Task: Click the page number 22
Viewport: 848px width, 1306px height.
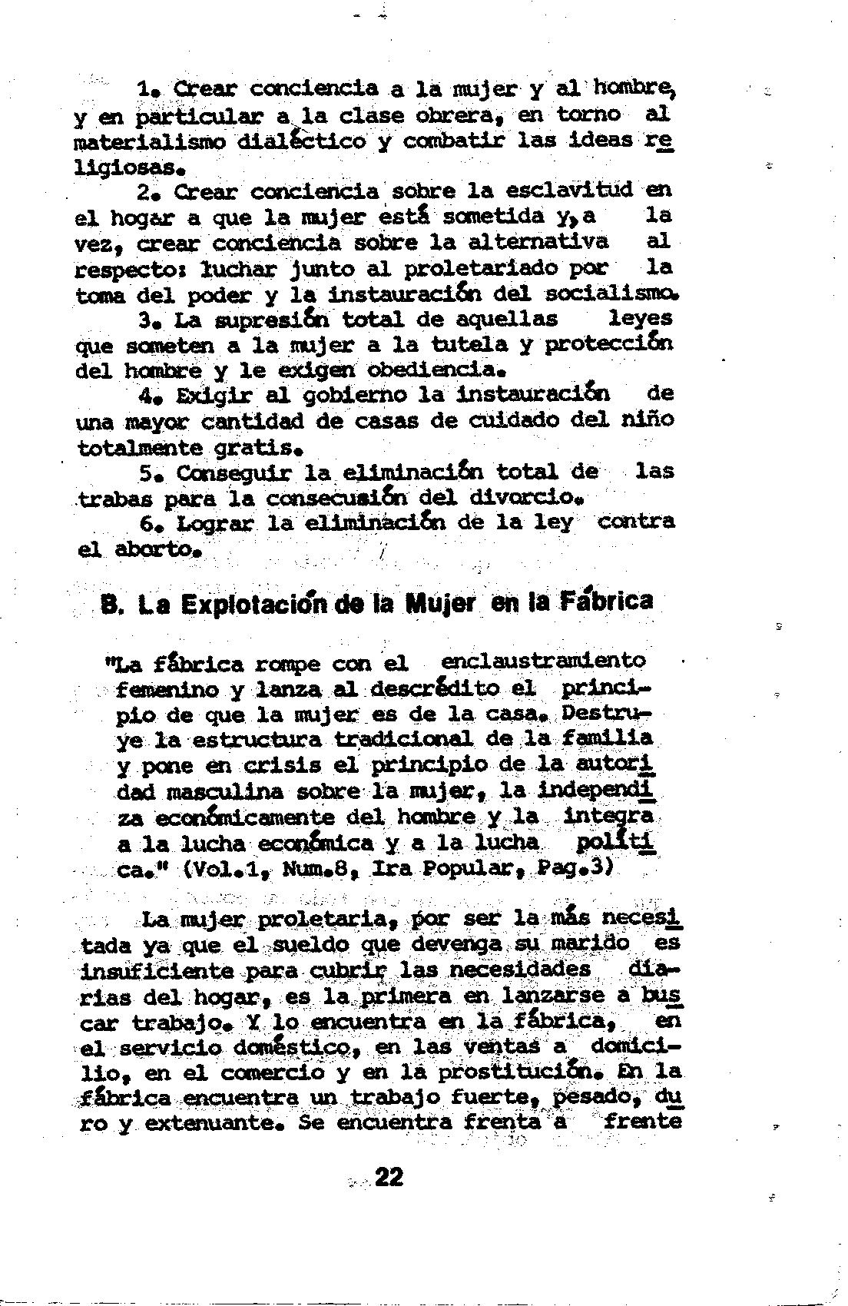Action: click(x=389, y=1176)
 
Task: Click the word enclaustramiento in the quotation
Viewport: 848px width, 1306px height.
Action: click(x=544, y=661)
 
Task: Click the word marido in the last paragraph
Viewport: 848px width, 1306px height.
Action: click(x=591, y=943)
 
